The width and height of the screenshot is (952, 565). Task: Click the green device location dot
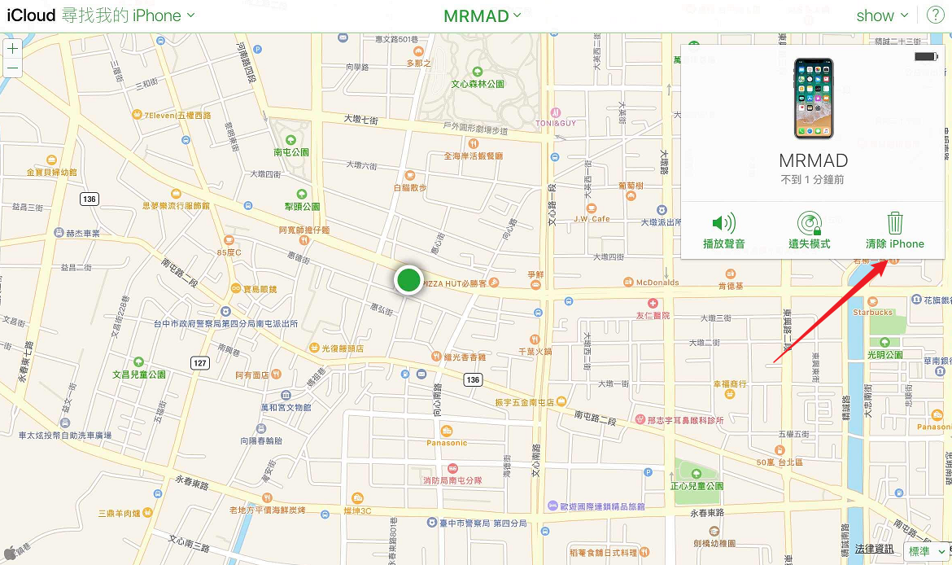coord(408,280)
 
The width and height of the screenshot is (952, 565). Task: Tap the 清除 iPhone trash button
coord(895,230)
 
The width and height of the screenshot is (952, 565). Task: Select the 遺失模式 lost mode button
coord(810,230)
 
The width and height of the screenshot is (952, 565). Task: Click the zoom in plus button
coord(12,48)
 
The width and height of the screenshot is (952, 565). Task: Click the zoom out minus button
coord(12,68)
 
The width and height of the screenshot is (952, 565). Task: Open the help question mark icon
coord(936,15)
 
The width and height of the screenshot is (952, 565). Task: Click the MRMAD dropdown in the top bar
coord(483,15)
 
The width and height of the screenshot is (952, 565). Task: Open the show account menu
coord(882,15)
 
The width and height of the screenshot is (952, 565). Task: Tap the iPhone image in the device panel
coord(814,99)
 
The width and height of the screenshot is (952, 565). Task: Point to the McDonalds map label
coord(657,282)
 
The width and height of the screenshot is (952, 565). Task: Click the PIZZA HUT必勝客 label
coord(454,283)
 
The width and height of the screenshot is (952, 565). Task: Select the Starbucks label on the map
coord(872,312)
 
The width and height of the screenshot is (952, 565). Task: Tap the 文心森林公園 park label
coord(478,84)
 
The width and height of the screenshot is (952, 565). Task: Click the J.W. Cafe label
coord(592,218)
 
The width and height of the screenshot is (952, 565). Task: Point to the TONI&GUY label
coord(555,123)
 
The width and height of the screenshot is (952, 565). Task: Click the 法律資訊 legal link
coord(874,550)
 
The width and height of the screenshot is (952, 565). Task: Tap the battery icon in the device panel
coord(926,56)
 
